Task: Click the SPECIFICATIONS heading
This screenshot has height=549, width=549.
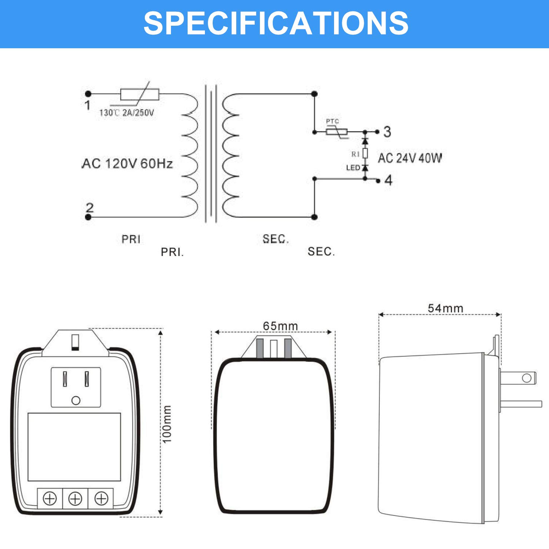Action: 275,23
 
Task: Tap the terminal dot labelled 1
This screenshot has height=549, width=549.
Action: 88,94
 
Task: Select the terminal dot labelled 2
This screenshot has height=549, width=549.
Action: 88,217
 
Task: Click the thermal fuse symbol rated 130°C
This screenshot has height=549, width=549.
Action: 140,95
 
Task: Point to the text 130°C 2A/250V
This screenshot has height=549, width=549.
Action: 127,113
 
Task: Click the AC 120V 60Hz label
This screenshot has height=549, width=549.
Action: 128,164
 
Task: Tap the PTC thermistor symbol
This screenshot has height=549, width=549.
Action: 337,132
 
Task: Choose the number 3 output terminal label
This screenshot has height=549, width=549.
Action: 387,132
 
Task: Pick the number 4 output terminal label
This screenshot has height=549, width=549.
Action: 388,180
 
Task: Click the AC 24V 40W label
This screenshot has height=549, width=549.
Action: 410,158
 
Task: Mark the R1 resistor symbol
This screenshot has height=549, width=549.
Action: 365,154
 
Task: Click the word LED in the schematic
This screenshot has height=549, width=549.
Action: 353,168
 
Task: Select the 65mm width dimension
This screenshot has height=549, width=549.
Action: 280,326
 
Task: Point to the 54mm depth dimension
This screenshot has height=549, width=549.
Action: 445,308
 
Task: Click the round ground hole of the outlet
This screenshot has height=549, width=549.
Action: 76,401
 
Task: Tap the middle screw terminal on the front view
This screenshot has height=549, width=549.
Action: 75,499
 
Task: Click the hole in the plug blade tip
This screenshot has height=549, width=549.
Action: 526,378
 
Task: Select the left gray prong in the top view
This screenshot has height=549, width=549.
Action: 260,348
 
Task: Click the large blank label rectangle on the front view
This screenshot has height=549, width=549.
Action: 74,447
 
